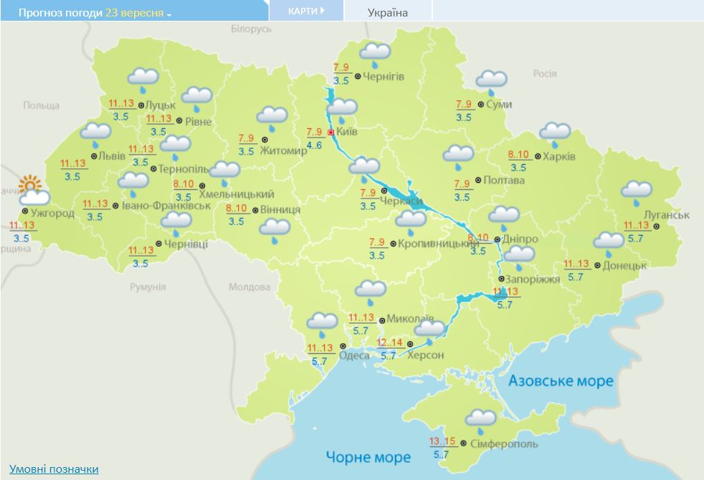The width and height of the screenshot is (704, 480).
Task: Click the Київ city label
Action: coord(348,133)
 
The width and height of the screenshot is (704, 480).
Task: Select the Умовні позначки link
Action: coord(54,469)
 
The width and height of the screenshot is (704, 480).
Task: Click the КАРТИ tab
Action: coord(305,11)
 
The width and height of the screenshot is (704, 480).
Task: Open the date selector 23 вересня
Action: coord(138,14)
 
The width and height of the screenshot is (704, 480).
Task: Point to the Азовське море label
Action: coord(561,381)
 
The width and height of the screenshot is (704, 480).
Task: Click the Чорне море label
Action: coord(368,457)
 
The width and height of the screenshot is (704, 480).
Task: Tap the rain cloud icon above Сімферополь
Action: coord(480,420)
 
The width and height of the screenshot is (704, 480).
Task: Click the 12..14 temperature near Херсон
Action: coord(389,342)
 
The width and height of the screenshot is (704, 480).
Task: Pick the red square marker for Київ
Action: coord(330,133)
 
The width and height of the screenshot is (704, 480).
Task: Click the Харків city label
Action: coord(559,157)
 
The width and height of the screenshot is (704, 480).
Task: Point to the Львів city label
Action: coord(112,156)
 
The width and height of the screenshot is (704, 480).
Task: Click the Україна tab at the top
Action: coord(387,13)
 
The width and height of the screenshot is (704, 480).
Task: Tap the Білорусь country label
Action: coord(252,29)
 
